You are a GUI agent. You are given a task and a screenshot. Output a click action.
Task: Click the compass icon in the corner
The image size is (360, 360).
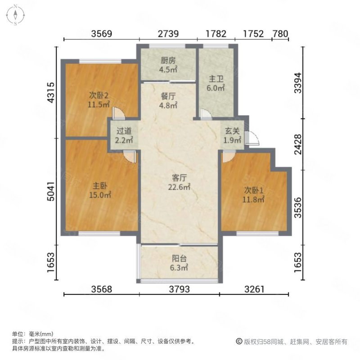click(15, 14)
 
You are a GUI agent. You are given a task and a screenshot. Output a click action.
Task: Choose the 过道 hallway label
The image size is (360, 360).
click(124, 132)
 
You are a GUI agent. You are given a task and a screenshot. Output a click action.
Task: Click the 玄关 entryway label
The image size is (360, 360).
click(233, 132)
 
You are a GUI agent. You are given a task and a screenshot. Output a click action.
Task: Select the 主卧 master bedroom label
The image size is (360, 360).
click(99, 186)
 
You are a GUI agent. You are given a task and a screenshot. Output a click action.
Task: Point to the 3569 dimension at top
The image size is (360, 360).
click(101, 34)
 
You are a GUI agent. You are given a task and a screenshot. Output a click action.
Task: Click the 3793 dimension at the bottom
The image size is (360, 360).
click(179, 288)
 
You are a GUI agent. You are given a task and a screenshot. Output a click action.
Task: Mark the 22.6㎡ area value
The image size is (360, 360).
click(179, 188)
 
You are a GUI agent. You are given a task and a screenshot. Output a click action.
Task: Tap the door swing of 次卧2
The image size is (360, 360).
click(116, 112)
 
